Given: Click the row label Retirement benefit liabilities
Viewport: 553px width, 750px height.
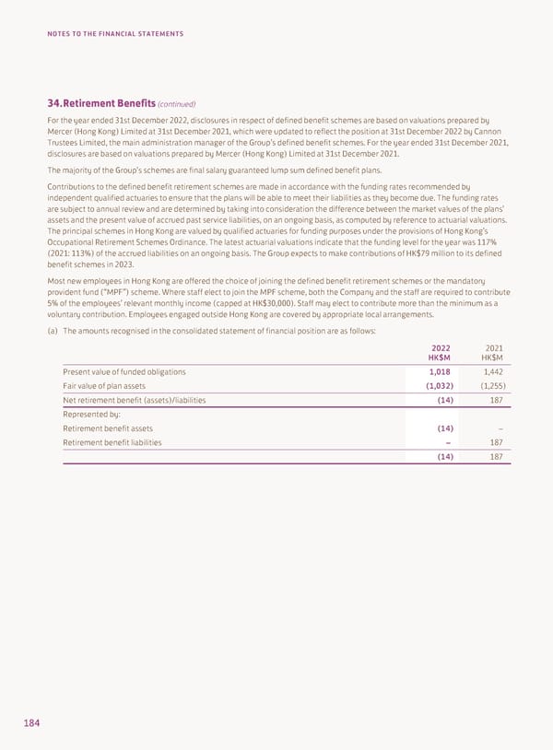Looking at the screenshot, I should click(x=112, y=442).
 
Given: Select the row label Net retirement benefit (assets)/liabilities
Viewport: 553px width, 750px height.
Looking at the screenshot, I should click(x=134, y=400).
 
